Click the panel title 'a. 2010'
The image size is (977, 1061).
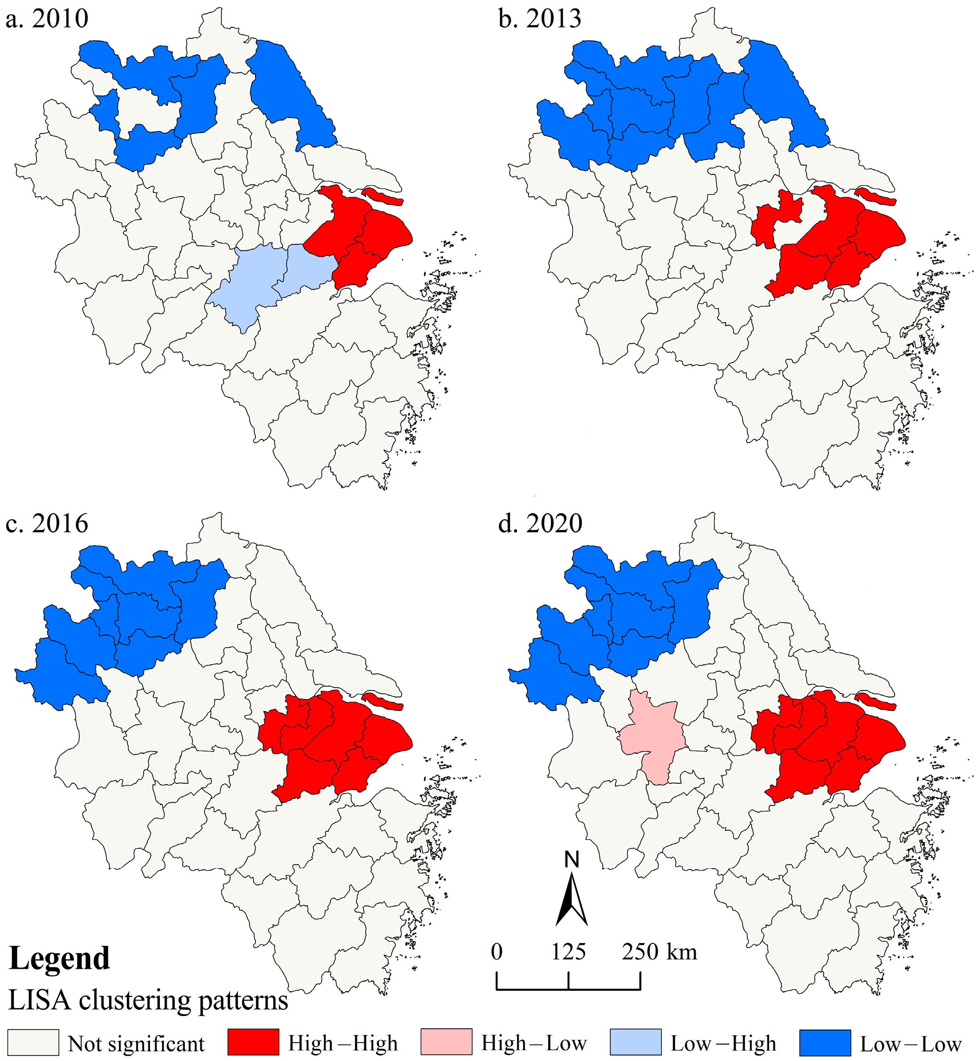click(x=47, y=19)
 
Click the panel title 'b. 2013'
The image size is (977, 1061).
click(x=539, y=19)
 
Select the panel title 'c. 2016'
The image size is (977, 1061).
click(x=47, y=524)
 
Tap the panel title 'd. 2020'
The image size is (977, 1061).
click(x=540, y=524)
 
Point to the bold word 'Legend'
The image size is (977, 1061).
click(x=59, y=958)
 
